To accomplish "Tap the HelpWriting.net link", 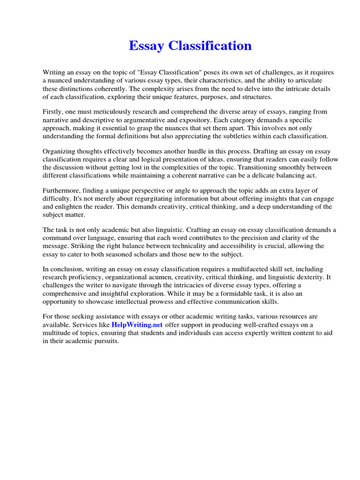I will [x=137, y=325].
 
